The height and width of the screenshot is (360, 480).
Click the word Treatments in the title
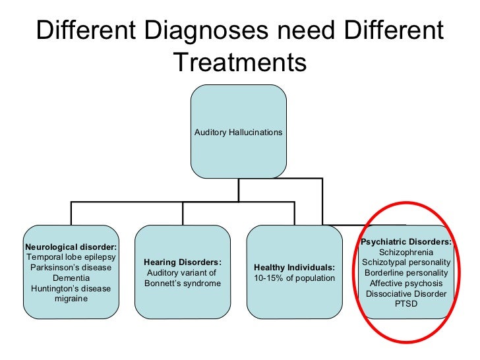[240, 63]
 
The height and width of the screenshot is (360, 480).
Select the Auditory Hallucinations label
[238, 133]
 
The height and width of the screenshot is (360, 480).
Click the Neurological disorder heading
[71, 247]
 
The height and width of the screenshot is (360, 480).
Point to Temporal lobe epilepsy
[71, 257]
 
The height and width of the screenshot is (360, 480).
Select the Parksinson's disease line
[71, 268]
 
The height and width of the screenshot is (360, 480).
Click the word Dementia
[71, 278]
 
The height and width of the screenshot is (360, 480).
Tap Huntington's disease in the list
[71, 289]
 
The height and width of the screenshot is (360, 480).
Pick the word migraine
[71, 299]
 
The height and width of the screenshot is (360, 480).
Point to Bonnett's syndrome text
[182, 284]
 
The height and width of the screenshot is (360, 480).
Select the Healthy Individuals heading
[294, 268]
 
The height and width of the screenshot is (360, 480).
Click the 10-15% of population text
[294, 278]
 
